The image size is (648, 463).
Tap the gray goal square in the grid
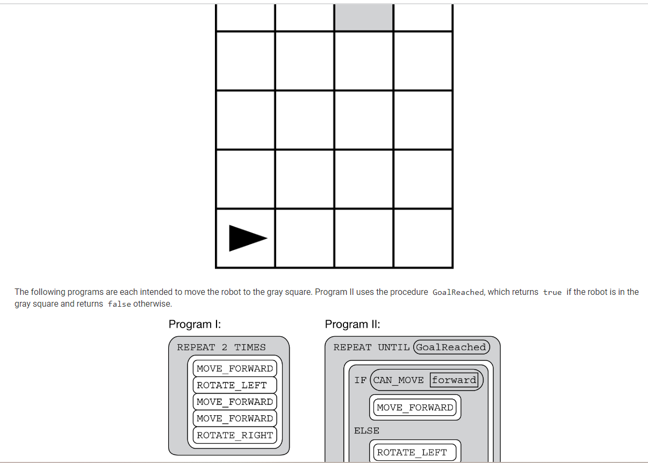click(364, 17)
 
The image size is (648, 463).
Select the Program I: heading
click(195, 324)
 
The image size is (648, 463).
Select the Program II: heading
click(352, 324)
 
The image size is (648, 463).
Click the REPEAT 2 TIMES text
click(221, 347)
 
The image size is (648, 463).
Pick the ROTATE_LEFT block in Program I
click(235, 385)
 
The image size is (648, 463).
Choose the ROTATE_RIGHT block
click(235, 435)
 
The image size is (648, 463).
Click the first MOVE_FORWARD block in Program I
click(235, 368)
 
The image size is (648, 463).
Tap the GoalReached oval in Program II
click(451, 347)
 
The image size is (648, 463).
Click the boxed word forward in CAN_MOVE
click(454, 380)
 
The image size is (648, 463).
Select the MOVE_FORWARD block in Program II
click(415, 408)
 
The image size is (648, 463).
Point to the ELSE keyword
click(366, 431)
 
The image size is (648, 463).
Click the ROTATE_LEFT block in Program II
click(415, 452)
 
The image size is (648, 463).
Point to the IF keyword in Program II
click(361, 380)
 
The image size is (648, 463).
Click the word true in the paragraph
click(552, 292)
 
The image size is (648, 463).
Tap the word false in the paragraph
click(119, 304)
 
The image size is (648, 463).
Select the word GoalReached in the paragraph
click(458, 292)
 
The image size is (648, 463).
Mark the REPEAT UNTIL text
click(371, 347)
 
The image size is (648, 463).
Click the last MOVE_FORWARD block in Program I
click(235, 418)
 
